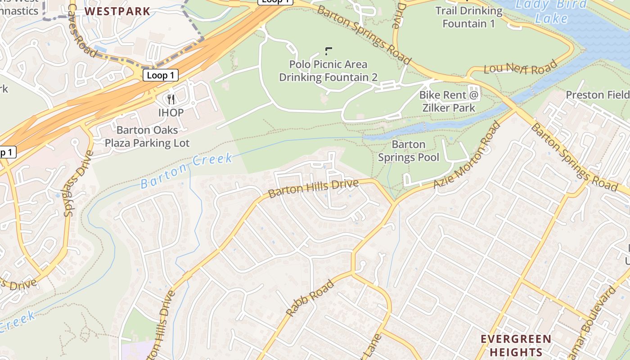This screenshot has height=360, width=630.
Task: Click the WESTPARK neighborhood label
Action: (x=117, y=11)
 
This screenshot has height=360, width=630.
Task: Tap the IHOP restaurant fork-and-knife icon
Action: (x=171, y=99)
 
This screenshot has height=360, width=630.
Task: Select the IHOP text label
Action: (x=171, y=112)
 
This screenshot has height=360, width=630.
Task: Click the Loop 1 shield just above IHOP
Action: (x=160, y=75)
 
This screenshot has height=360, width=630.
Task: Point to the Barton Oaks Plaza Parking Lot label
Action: (x=147, y=137)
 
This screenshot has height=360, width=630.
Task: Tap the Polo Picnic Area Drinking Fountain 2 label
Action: (x=328, y=71)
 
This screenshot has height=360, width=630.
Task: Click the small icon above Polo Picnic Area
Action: (x=328, y=50)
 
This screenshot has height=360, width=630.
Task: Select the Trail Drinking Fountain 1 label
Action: (x=469, y=17)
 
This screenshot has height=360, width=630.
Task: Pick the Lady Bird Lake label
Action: (x=551, y=11)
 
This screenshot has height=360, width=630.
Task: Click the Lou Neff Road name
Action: (x=520, y=68)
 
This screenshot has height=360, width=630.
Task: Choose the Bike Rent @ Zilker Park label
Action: (x=450, y=101)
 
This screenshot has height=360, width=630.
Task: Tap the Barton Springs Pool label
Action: (x=409, y=151)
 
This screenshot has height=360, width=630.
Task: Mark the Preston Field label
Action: (x=598, y=95)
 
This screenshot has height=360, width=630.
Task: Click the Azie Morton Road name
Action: (x=467, y=155)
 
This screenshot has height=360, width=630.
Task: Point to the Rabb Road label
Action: (x=310, y=298)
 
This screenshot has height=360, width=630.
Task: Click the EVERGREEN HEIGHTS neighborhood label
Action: (x=516, y=345)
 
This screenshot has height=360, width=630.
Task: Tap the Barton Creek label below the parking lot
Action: (x=186, y=171)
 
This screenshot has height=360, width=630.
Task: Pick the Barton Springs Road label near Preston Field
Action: (x=573, y=157)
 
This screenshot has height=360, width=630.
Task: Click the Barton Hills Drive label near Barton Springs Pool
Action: (x=313, y=188)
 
